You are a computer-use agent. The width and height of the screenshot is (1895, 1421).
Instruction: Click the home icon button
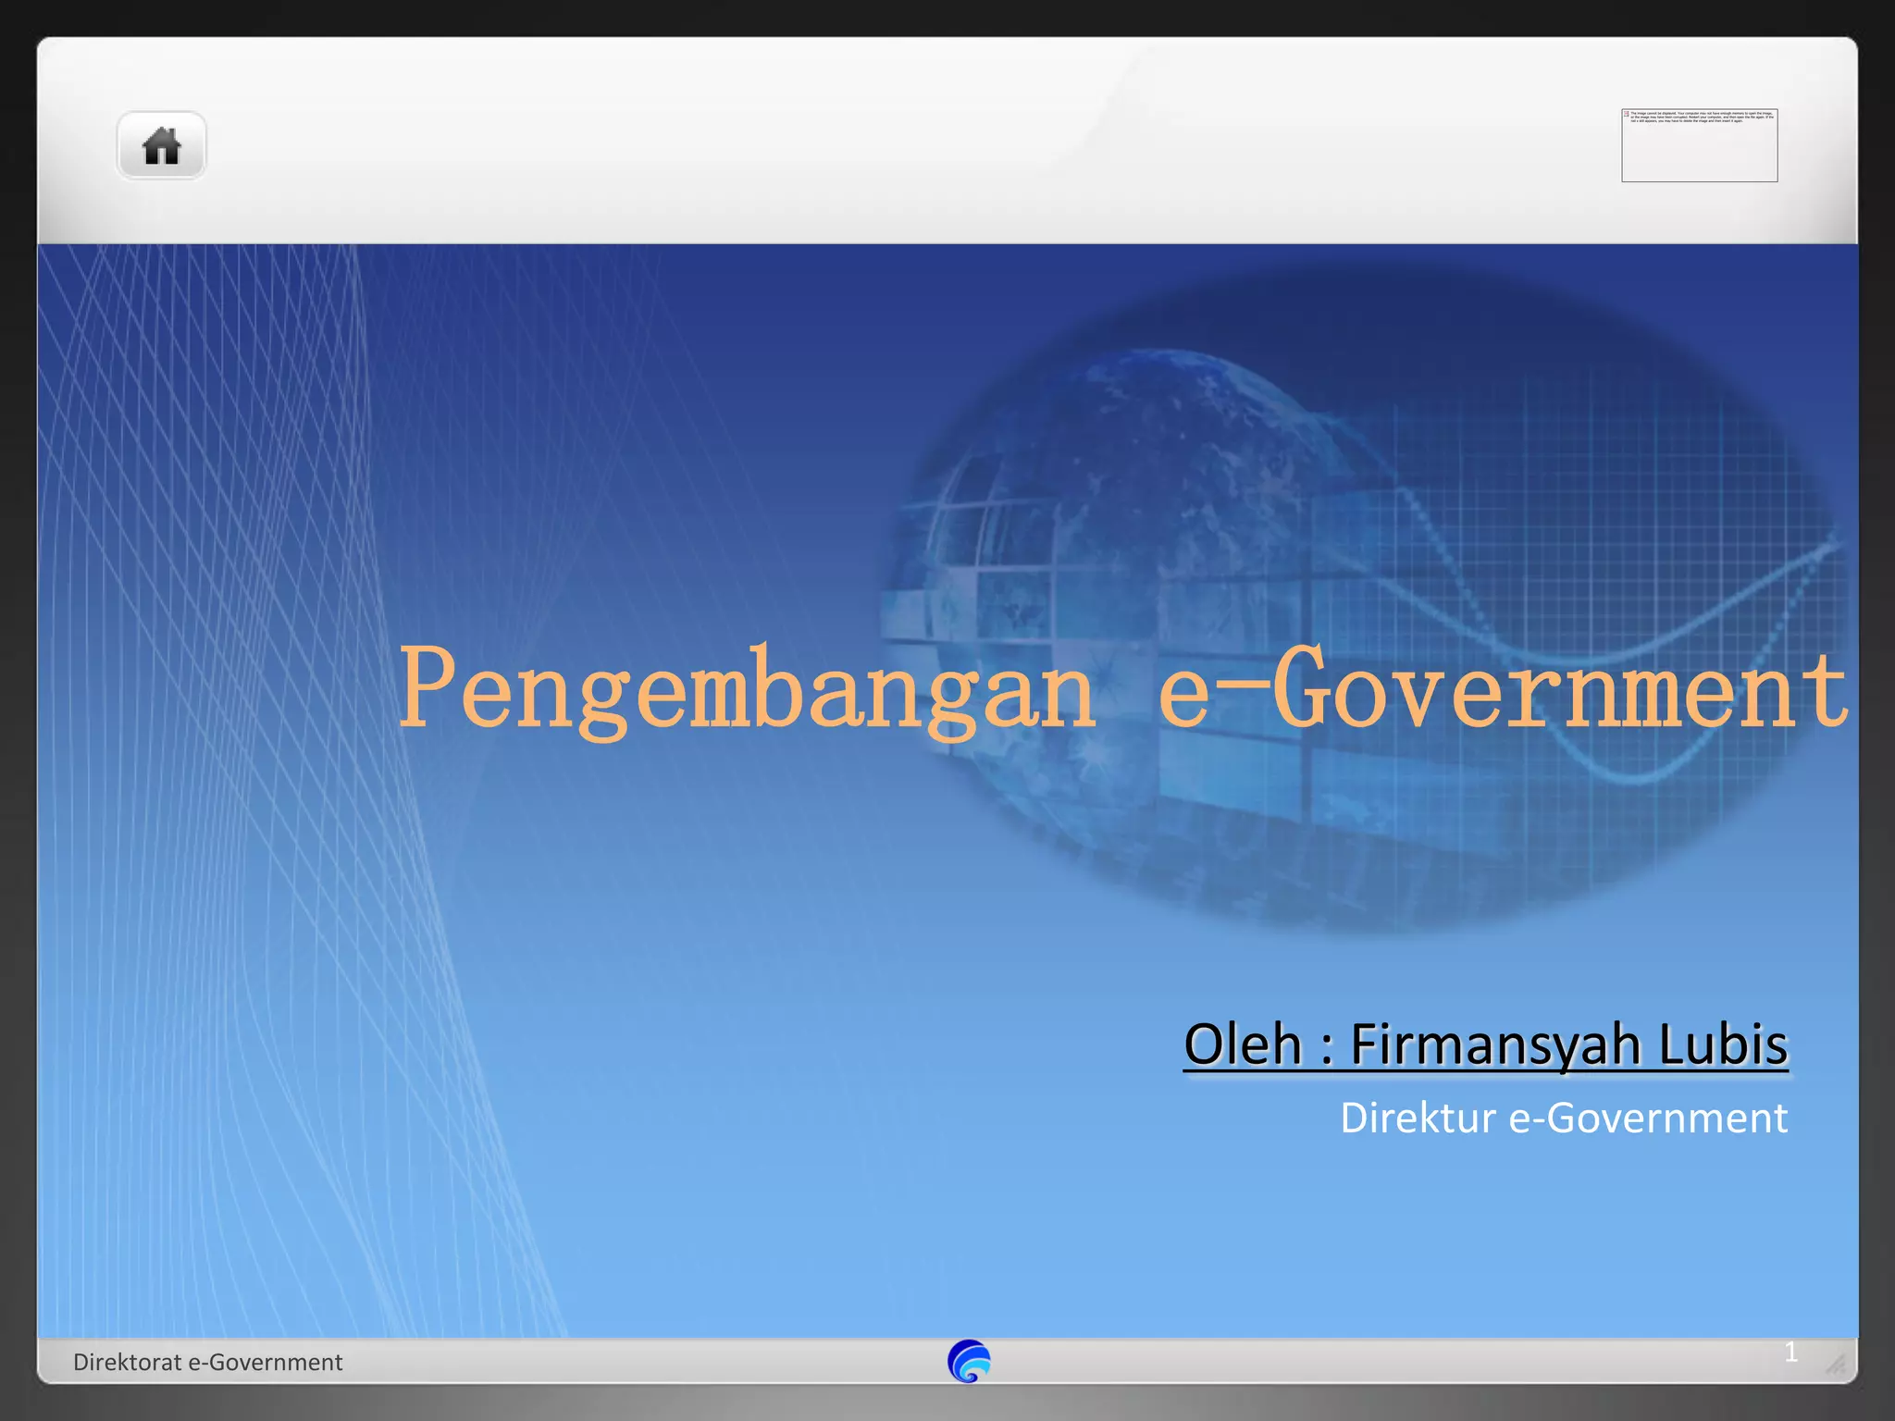coord(161,146)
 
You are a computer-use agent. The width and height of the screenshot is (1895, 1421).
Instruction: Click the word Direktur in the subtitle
coord(1418,1118)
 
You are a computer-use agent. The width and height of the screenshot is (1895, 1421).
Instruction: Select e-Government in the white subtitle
coord(1648,1118)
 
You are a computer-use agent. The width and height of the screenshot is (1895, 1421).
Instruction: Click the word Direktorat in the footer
coord(128,1362)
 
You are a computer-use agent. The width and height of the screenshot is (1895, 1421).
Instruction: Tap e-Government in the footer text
coord(266,1362)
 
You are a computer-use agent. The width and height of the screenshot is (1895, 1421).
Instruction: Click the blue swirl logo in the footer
coord(969,1361)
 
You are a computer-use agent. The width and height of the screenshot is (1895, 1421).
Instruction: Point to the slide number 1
coord(1791,1353)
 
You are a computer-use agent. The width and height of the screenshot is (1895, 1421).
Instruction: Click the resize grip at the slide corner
coord(1835,1364)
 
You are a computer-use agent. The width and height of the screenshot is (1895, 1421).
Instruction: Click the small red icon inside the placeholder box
coord(1627,114)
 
